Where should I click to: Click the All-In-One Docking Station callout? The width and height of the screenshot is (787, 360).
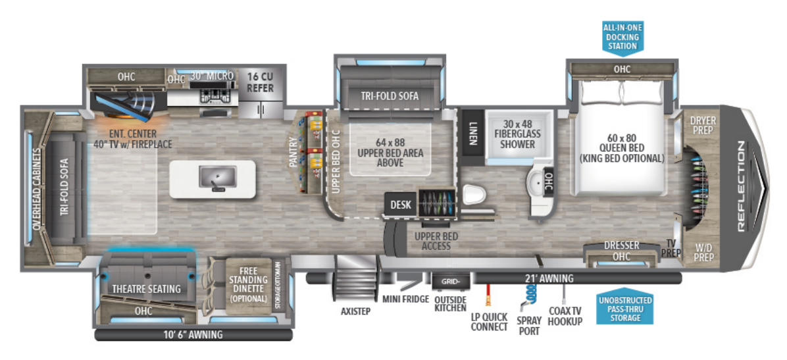click(622, 37)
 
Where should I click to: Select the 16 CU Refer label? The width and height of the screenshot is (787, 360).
click(261, 82)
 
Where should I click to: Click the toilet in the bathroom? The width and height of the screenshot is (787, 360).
click(474, 195)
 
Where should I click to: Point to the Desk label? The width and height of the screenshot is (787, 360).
click(401, 205)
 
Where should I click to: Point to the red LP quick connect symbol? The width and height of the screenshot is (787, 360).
click(489, 296)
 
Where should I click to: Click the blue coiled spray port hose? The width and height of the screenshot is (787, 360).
click(528, 296)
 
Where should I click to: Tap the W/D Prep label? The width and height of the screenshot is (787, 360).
click(703, 253)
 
